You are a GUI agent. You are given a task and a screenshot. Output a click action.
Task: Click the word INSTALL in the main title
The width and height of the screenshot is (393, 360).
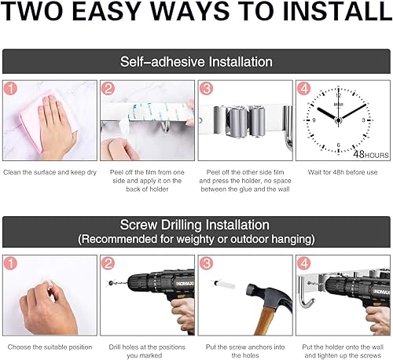(337, 11)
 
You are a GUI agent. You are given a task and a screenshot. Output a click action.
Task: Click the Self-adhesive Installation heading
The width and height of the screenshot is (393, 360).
(196, 62)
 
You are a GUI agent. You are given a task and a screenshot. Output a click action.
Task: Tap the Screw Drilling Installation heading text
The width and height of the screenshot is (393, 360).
(195, 225)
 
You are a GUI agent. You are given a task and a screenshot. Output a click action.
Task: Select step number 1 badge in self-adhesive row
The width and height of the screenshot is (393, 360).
(10, 89)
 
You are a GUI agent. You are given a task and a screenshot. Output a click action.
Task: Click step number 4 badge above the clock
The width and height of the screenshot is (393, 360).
(304, 89)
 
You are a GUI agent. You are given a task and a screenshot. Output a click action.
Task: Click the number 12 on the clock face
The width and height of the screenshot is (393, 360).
(339, 95)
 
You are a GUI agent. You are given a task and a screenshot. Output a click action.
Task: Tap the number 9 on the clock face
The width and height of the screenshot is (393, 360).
(314, 120)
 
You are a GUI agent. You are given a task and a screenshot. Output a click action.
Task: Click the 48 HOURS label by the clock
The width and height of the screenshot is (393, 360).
(371, 154)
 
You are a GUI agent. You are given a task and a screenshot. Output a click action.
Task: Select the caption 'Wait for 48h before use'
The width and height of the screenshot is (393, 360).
(343, 172)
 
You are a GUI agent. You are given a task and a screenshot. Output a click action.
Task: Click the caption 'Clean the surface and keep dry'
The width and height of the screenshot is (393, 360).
(50, 172)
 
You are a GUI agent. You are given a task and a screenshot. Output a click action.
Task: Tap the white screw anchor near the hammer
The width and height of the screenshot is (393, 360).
(225, 285)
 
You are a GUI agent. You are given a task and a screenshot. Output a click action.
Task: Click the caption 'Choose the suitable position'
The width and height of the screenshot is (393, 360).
(50, 347)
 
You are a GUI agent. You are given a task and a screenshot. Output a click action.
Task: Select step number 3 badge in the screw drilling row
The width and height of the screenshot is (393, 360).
(206, 263)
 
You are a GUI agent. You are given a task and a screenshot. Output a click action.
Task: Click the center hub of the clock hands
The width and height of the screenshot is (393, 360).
(339, 120)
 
